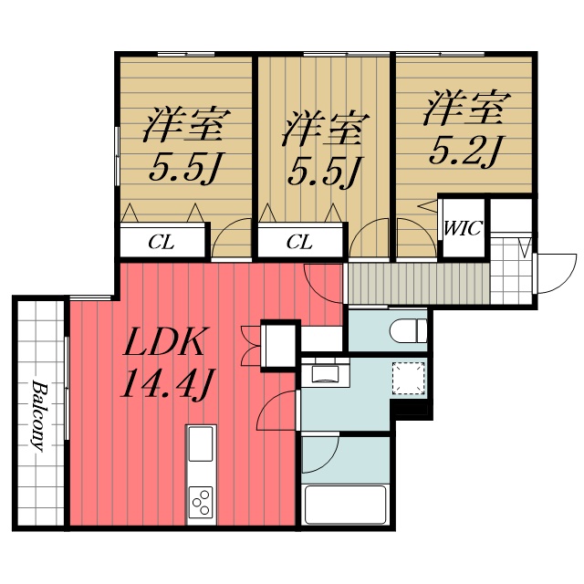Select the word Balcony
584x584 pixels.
[x=39, y=415]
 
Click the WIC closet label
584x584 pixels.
[x=462, y=228]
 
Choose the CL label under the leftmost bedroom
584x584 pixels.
[x=162, y=243]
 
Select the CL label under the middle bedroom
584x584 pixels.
[x=299, y=243]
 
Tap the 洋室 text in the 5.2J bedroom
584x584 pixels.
[x=464, y=109]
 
